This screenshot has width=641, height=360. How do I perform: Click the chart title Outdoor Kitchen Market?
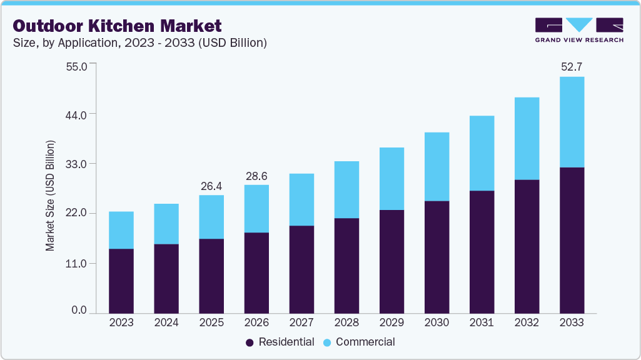[x=117, y=26]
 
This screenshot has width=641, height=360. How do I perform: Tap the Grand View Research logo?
[x=579, y=30]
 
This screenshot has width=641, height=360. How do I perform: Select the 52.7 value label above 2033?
[x=572, y=66]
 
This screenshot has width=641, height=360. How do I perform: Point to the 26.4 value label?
[x=211, y=186]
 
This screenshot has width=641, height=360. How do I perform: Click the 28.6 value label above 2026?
[x=256, y=176]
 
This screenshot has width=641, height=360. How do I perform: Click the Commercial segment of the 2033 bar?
[x=572, y=122]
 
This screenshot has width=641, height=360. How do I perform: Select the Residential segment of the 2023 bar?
[x=121, y=281]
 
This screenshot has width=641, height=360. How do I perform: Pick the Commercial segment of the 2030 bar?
[x=437, y=166]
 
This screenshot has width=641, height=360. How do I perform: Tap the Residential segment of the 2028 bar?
[x=346, y=266]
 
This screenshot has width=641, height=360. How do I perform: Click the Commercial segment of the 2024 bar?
[x=166, y=224]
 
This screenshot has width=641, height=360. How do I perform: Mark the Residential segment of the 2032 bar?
[x=527, y=246]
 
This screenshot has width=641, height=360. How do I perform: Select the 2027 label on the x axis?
[x=301, y=323]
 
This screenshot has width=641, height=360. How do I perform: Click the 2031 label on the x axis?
[x=482, y=323]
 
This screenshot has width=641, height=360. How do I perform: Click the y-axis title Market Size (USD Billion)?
[x=50, y=196]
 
